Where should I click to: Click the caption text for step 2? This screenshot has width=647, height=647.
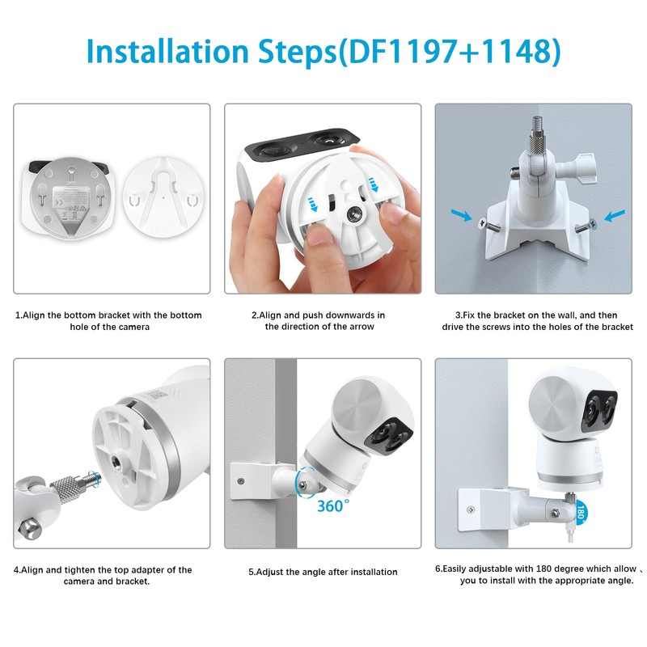(323, 320)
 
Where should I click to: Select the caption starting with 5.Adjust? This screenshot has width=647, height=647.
(323, 572)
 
